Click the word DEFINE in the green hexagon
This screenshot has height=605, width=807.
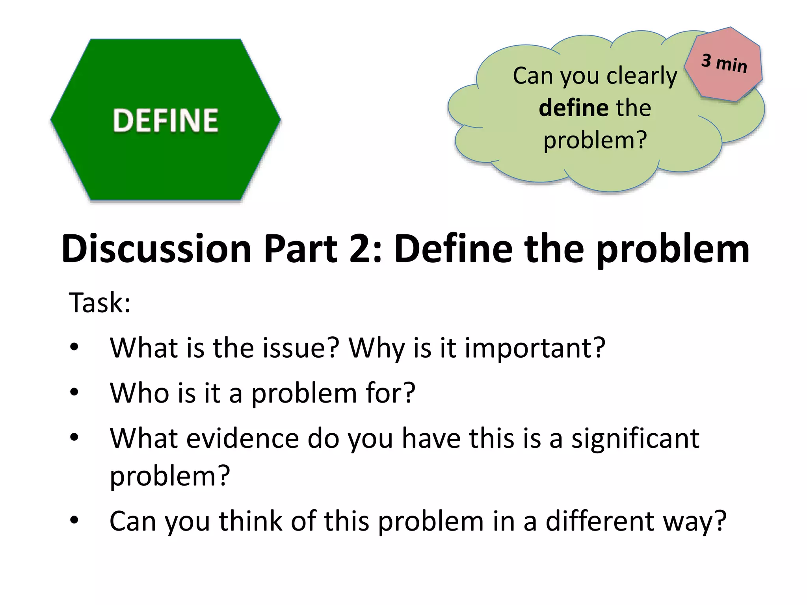click(165, 120)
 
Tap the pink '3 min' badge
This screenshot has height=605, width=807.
click(724, 63)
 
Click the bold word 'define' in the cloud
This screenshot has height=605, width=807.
click(568, 108)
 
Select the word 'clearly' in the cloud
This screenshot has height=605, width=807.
click(642, 76)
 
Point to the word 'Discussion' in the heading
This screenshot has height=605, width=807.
click(156, 249)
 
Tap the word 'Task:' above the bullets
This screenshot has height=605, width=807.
click(100, 302)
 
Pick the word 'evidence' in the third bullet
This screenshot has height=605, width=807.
click(243, 438)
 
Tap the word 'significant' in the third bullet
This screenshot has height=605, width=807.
click(636, 439)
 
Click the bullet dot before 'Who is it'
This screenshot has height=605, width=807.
click(74, 392)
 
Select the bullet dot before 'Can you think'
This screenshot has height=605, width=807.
click(74, 520)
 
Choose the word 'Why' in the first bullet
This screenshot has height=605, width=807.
click(376, 349)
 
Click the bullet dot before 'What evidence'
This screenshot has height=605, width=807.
click(74, 437)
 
